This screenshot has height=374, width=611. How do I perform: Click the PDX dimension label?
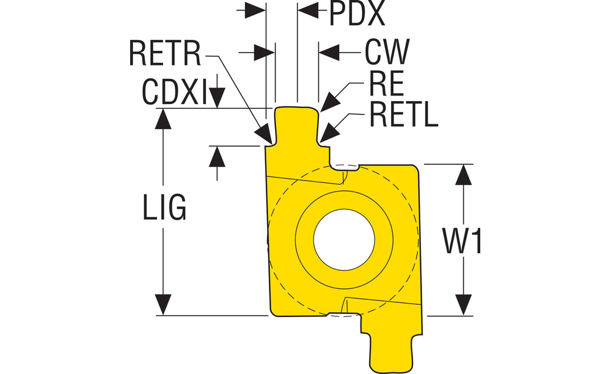357,15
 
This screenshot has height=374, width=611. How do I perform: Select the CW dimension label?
386,53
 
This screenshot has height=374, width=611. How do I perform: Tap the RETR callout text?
166,54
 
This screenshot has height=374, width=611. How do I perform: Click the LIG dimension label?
164,208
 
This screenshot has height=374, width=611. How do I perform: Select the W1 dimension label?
463,241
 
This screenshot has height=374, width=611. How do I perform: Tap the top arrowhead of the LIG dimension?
163,119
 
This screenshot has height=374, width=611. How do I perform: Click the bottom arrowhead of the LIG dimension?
163,305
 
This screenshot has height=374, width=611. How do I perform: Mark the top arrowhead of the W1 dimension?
465,174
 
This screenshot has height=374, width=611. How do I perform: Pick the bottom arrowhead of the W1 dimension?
465,305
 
